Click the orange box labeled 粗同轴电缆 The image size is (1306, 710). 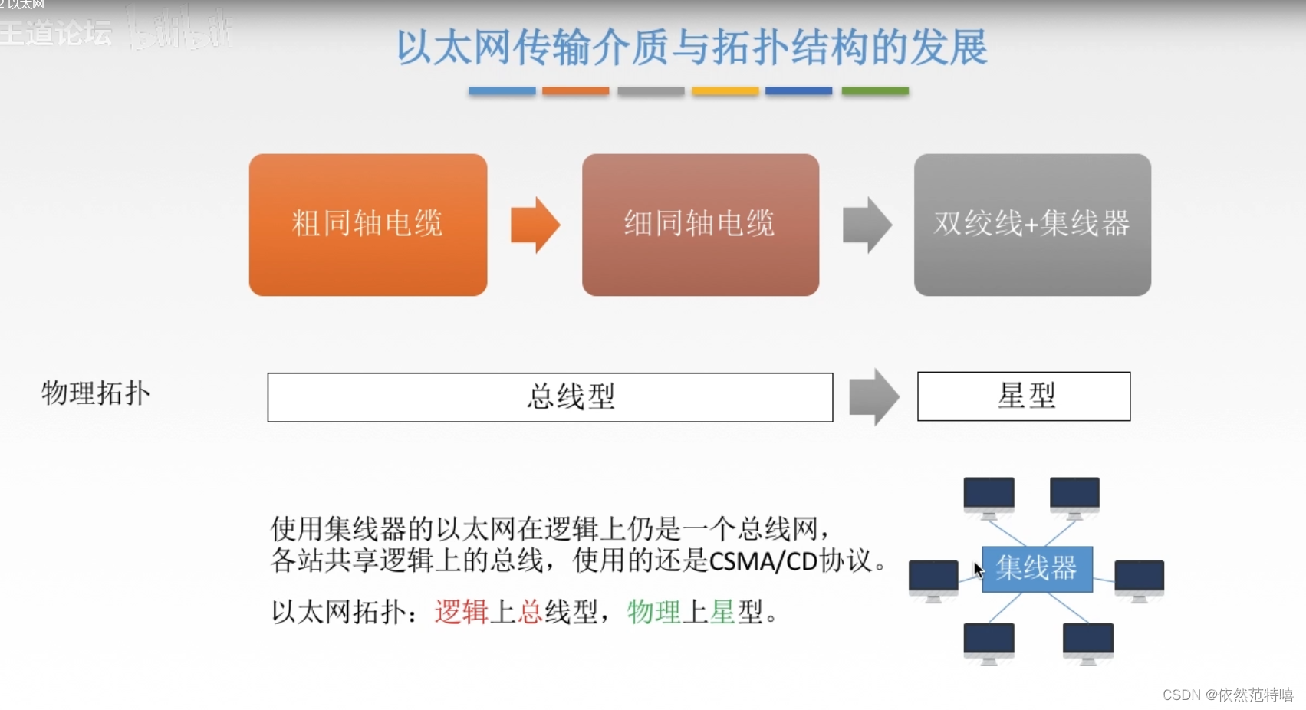coord(368,225)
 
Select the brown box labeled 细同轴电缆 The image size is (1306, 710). coord(700,225)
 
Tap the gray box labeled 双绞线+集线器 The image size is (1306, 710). coord(1032,225)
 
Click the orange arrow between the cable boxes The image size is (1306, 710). coord(535,225)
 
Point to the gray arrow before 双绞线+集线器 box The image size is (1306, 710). coord(867,225)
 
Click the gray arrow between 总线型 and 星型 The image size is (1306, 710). coord(874,397)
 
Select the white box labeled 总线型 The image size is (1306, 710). coord(550,397)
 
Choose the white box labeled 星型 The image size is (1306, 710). coord(1024,396)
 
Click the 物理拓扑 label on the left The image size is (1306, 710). coord(96,393)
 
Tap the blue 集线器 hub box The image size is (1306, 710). coord(1037,569)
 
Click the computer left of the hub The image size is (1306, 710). coord(933,579)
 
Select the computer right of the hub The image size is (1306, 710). coord(1139,579)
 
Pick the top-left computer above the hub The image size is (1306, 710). coord(989,496)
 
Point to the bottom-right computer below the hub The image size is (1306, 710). coord(1087,642)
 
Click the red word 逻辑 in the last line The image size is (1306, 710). coord(461,612)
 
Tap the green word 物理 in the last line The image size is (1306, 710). coord(653,612)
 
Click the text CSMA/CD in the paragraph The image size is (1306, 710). coord(763,561)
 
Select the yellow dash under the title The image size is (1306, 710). coord(725,91)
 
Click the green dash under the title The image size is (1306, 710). coord(875,91)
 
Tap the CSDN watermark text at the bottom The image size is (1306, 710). coord(1227,695)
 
